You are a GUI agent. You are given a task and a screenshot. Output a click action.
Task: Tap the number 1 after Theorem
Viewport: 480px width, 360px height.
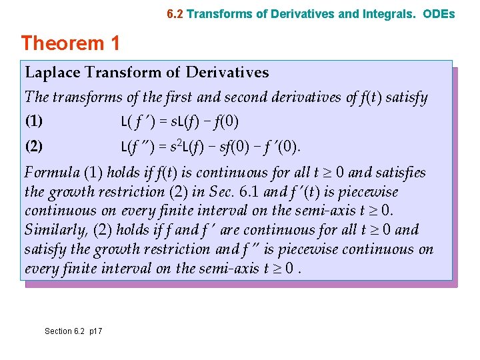115,44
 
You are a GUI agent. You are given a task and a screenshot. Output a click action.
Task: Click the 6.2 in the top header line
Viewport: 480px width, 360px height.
175,13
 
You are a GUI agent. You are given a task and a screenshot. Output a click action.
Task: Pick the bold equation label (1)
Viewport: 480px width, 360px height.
34,122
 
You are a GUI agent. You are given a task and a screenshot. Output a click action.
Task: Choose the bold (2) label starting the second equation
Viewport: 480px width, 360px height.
34,146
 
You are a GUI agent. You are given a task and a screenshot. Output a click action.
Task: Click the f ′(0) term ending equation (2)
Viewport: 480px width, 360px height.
283,146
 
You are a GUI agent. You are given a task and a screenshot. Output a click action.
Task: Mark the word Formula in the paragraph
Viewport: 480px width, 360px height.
51,173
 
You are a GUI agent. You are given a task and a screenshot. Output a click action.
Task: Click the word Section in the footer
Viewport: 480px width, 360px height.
58,331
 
